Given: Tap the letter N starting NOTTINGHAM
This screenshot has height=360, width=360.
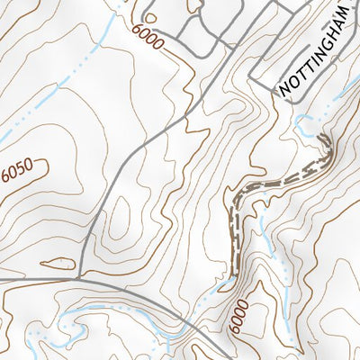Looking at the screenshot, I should point(285,90).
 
